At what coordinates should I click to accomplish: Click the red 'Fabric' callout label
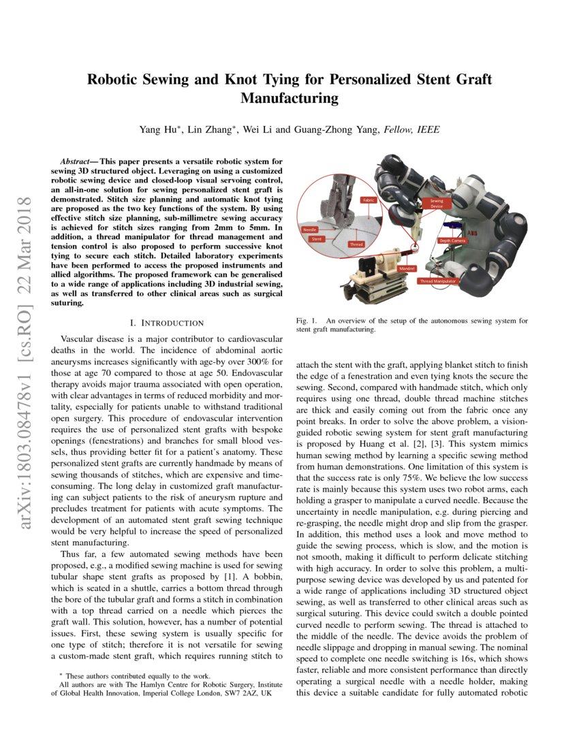(x=368, y=200)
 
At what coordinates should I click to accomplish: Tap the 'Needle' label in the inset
(x=310, y=230)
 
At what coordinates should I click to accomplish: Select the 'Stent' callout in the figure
(x=316, y=239)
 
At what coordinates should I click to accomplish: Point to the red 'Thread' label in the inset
(x=356, y=244)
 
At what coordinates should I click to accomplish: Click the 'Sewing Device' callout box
(x=437, y=203)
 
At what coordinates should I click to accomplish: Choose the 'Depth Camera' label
(x=452, y=240)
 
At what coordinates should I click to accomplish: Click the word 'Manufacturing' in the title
(x=289, y=98)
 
